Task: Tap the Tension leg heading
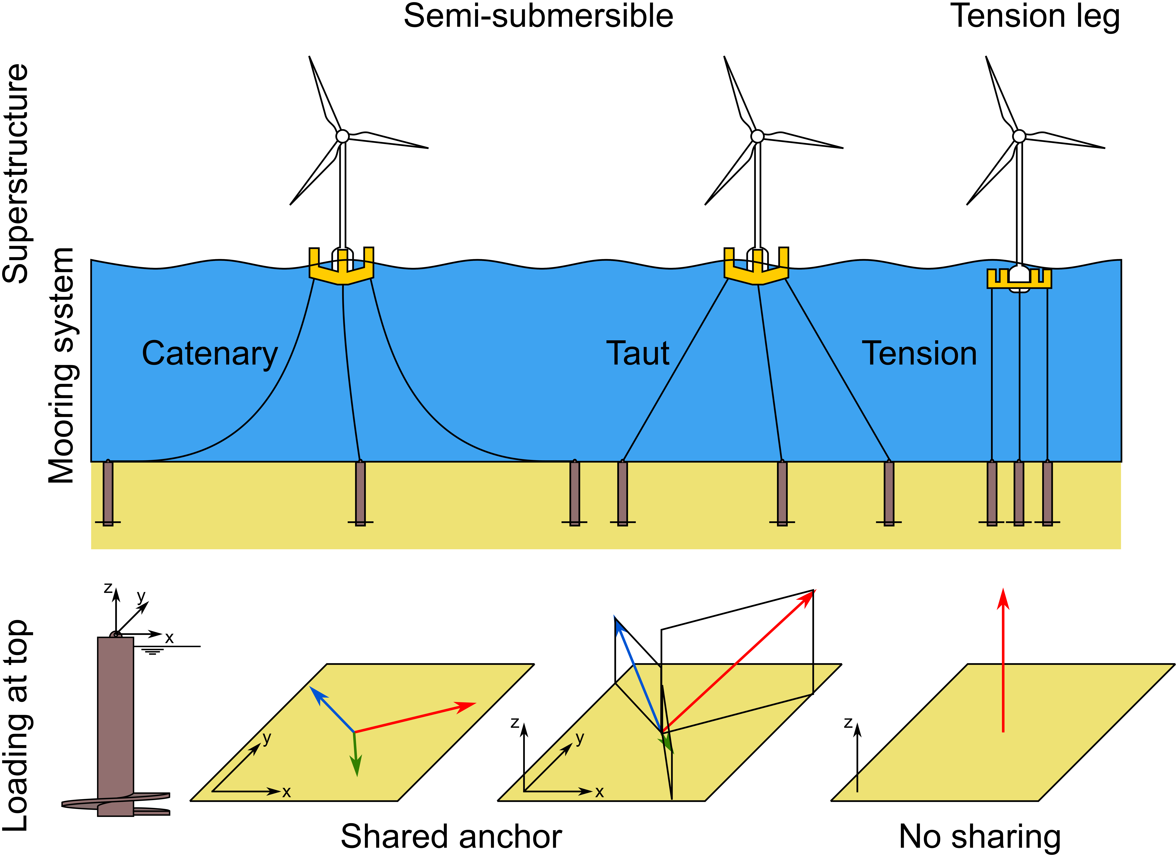tap(1035, 17)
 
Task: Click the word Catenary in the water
tap(210, 354)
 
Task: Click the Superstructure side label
tap(16, 174)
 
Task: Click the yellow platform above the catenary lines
tap(341, 267)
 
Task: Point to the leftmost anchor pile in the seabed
tap(108, 493)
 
